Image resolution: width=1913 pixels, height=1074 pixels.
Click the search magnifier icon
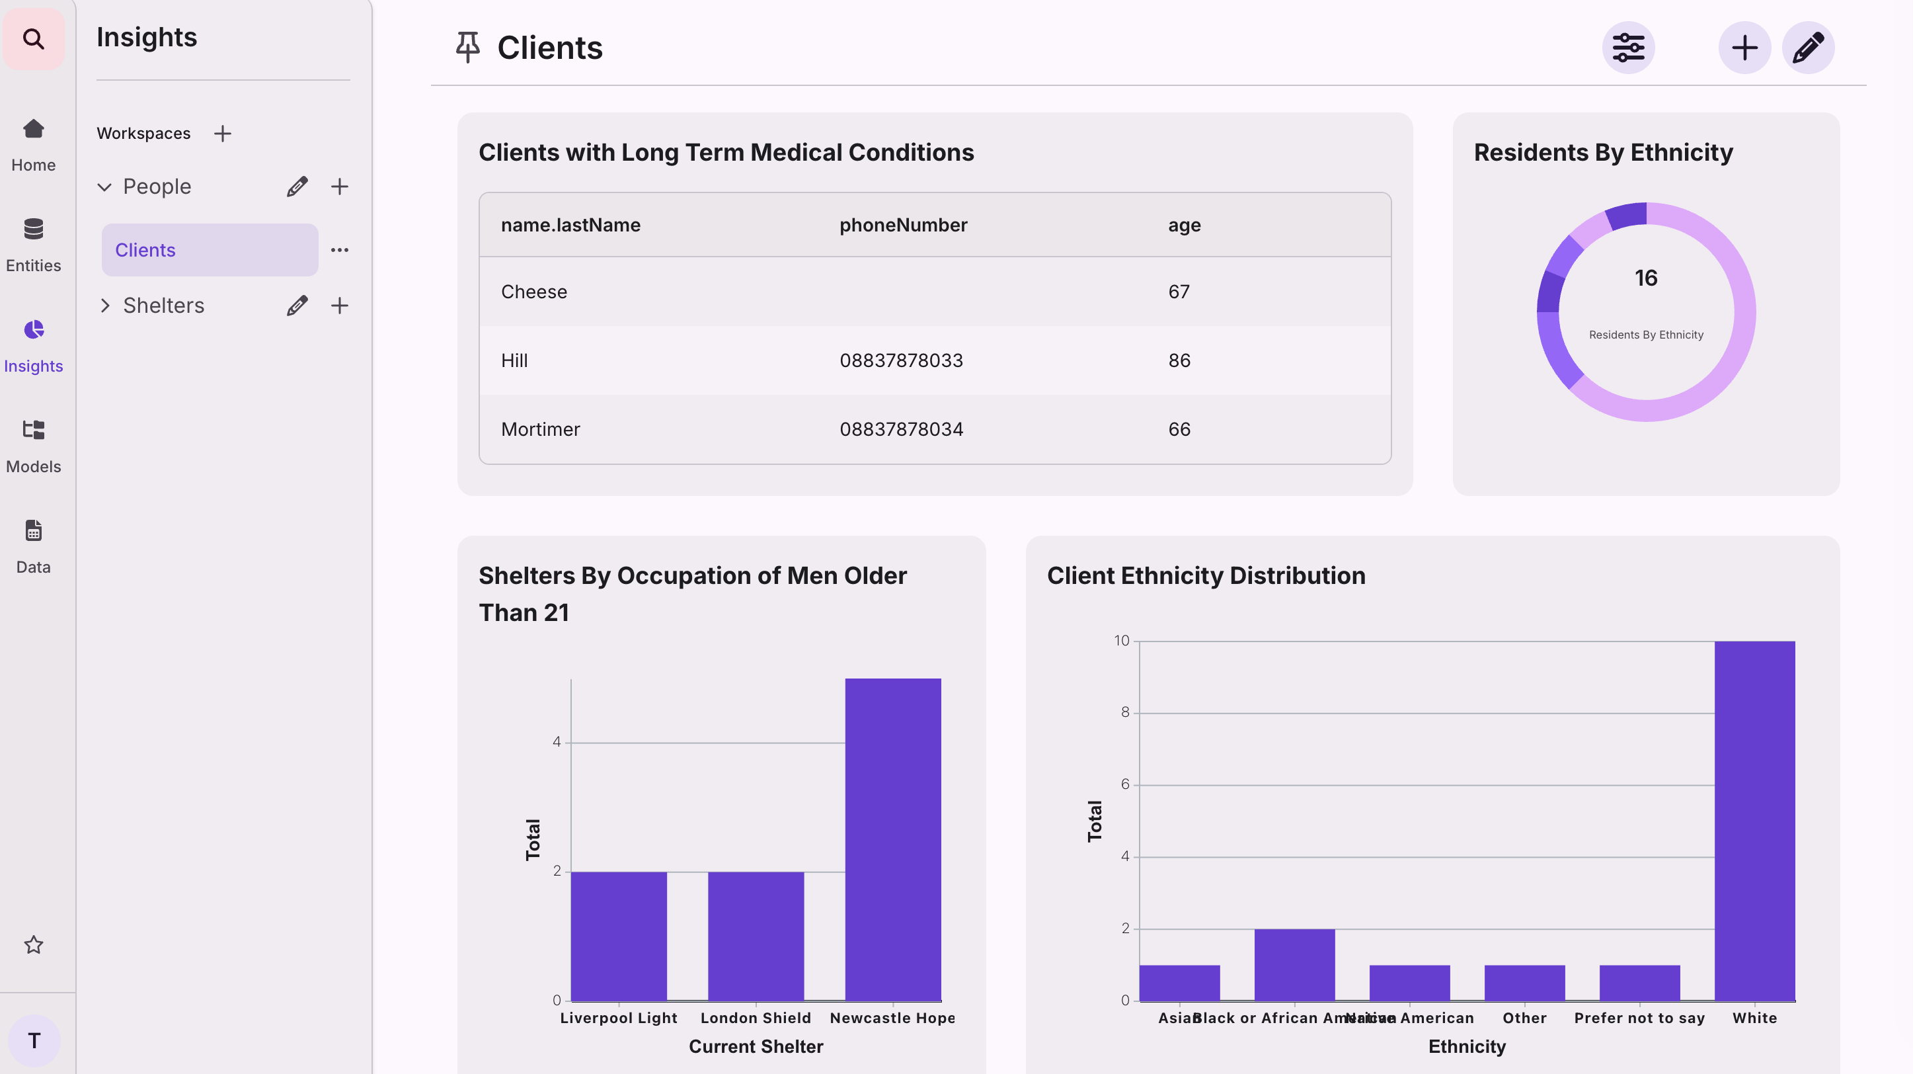34,38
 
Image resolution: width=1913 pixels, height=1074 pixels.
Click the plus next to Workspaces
222,134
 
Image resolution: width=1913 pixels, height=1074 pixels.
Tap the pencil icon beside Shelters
297,306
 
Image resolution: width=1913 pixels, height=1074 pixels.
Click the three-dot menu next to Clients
339,250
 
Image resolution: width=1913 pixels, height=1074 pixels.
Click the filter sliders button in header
1628,48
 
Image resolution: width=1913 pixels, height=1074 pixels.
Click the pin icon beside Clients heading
468,48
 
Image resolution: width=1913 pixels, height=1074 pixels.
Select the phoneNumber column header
903,225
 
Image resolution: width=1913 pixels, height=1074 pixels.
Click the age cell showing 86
1179,361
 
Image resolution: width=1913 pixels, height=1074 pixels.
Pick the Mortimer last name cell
540,429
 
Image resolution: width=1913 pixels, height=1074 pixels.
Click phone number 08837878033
901,361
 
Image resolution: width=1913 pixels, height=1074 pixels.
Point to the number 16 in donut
1646,278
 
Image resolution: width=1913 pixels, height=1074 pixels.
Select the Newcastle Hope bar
892,839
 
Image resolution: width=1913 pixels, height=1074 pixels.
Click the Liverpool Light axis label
618,1018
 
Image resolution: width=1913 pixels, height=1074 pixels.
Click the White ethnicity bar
1754,821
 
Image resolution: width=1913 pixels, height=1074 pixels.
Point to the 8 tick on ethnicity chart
1124,712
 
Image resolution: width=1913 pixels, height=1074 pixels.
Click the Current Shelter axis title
756,1046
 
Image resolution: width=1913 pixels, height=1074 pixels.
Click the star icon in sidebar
34,945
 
